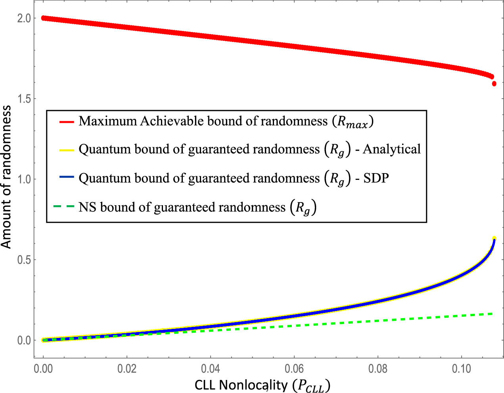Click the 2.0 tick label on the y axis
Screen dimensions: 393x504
(24, 18)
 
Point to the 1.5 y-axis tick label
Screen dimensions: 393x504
(24, 99)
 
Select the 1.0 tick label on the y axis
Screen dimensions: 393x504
(24, 179)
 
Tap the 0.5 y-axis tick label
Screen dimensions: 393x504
(24, 260)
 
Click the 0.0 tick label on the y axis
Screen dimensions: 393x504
(24, 340)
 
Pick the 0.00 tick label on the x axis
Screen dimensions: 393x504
(44, 369)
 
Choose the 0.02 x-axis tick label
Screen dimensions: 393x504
(127, 369)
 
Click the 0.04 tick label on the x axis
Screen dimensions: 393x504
(211, 369)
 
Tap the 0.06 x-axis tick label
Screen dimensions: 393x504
(294, 369)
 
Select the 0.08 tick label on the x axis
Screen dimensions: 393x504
(378, 369)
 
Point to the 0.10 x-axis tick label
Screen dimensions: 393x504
(461, 369)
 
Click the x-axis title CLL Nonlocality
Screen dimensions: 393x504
(262, 385)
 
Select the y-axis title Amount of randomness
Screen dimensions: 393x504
(6, 177)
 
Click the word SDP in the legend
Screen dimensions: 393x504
(376, 179)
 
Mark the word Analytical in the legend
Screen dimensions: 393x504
(392, 150)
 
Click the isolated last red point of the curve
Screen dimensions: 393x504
(494, 84)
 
